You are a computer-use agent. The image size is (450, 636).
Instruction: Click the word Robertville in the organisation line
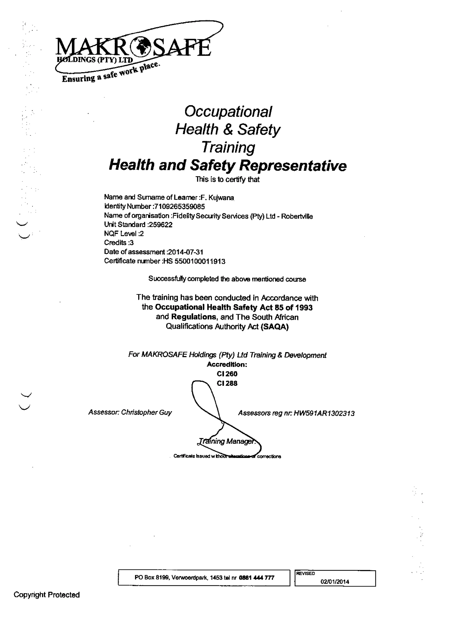[x=297, y=216]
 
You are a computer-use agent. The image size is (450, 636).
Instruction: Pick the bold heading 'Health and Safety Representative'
[x=228, y=165]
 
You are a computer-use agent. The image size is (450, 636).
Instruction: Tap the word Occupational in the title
[x=228, y=112]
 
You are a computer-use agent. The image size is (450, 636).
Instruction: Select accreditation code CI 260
[x=227, y=374]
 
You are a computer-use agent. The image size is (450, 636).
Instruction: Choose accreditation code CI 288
[x=227, y=383]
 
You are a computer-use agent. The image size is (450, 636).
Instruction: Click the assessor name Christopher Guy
[x=146, y=412]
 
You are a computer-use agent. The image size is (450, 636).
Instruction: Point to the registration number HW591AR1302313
[x=324, y=413]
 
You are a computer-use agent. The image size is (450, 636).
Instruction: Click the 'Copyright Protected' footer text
[x=47, y=595]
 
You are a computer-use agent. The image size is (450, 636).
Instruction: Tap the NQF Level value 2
[x=142, y=234]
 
